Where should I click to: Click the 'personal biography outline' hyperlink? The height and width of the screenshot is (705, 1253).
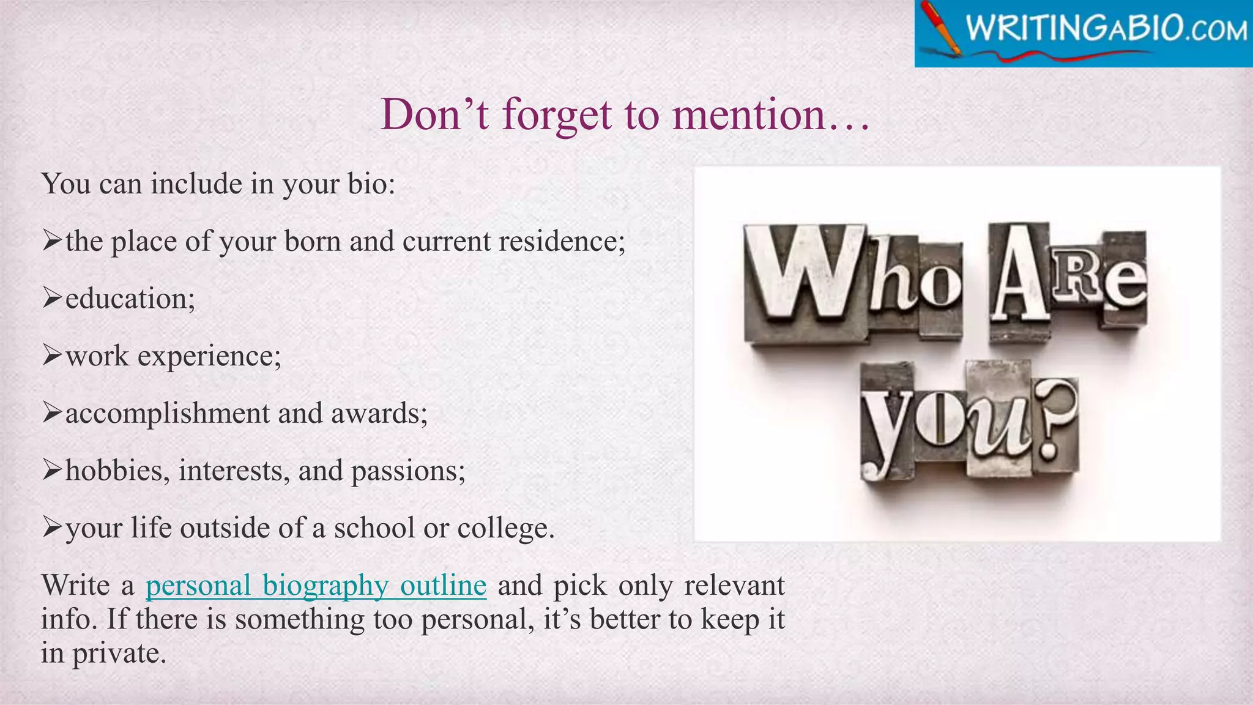click(x=316, y=586)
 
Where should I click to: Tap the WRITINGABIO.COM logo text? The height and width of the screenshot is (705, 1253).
click(x=1106, y=29)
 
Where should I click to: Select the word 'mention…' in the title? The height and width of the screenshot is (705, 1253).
click(x=770, y=114)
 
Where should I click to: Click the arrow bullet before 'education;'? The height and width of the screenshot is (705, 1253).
click(x=52, y=299)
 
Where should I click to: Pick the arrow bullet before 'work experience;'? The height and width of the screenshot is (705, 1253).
click(x=52, y=356)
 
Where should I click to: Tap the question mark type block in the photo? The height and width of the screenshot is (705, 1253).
click(x=1054, y=422)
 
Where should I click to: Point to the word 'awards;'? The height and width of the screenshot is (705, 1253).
click(x=379, y=414)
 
